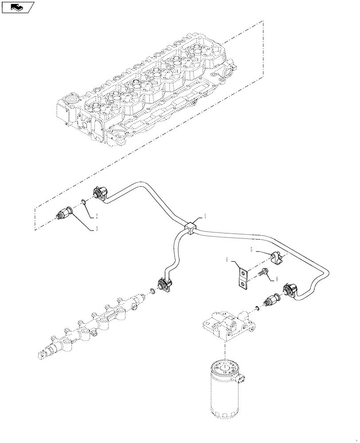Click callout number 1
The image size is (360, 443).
[204, 217]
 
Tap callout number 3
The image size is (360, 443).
[96, 229]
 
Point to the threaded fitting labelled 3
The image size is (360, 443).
[65, 212]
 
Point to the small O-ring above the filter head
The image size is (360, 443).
[257, 308]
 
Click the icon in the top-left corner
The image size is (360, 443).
[18, 7]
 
